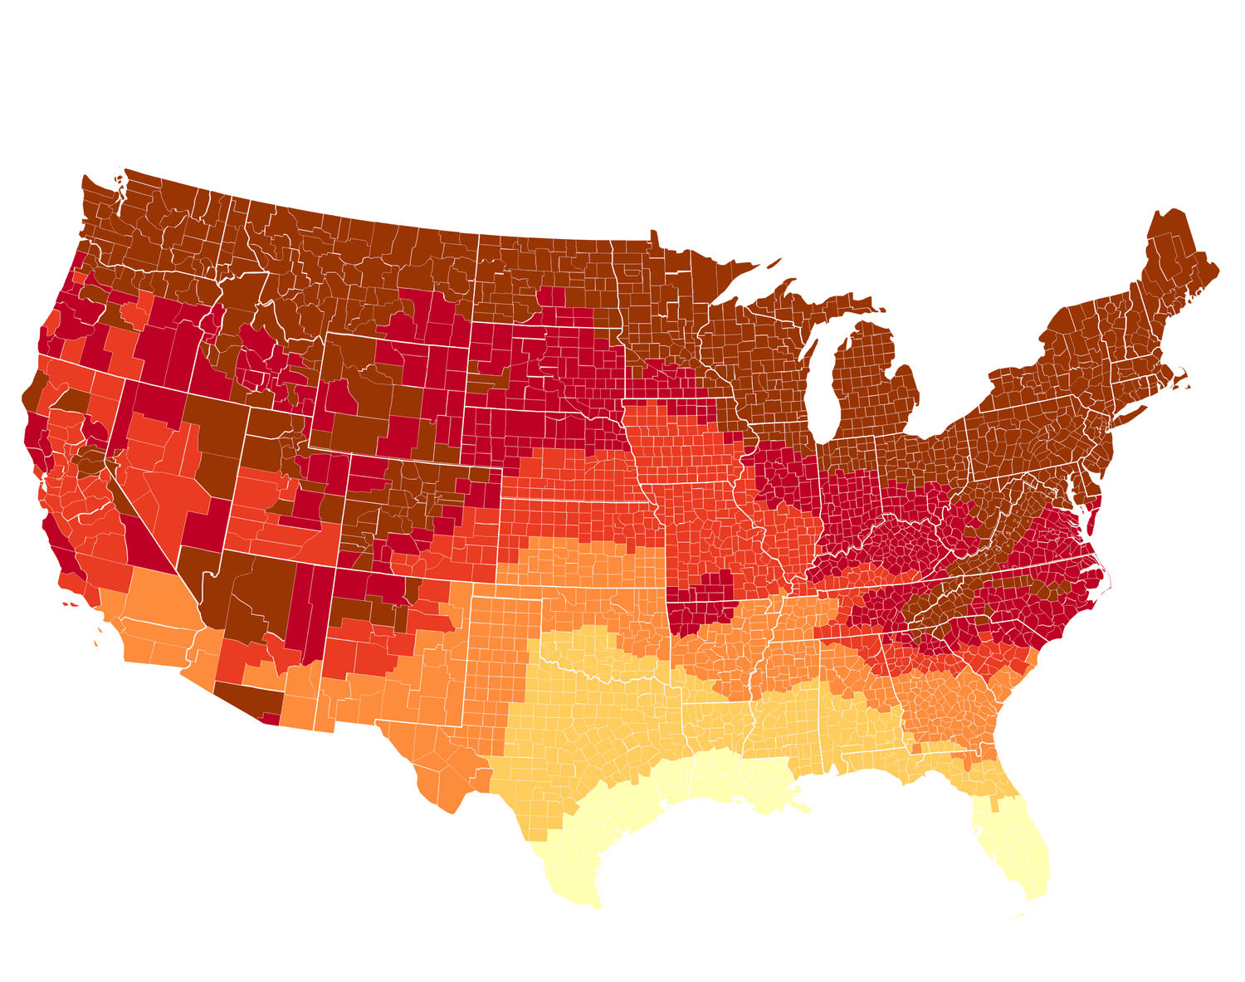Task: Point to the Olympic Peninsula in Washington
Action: coord(98,199)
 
